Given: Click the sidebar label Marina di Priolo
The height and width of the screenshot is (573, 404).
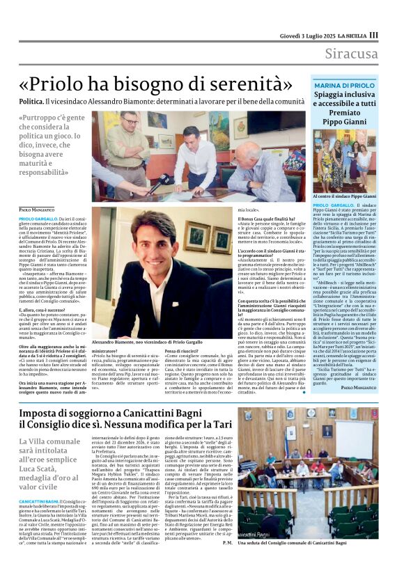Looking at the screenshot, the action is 344,85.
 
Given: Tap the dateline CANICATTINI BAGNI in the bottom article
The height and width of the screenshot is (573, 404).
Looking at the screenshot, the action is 38,502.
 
